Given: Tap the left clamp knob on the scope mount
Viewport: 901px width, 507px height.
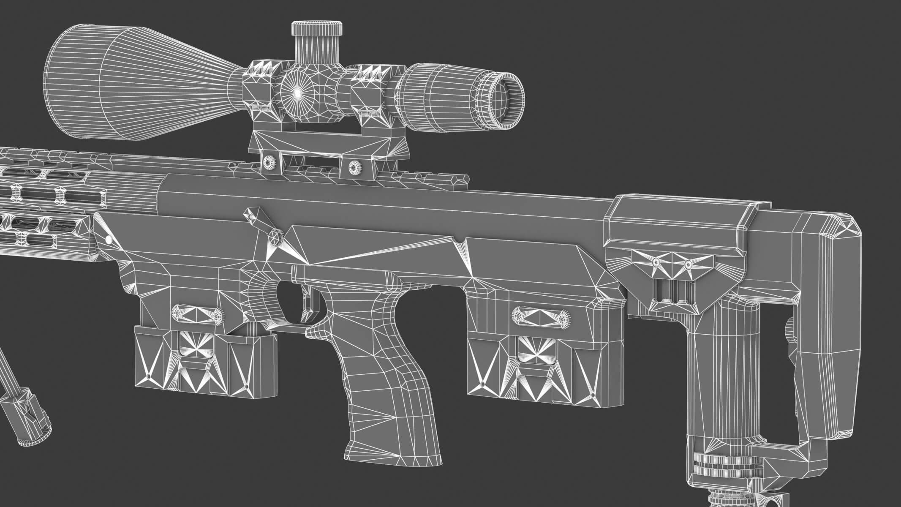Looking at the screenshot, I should point(269,162).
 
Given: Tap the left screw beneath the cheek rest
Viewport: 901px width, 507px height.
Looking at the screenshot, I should point(656,262).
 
